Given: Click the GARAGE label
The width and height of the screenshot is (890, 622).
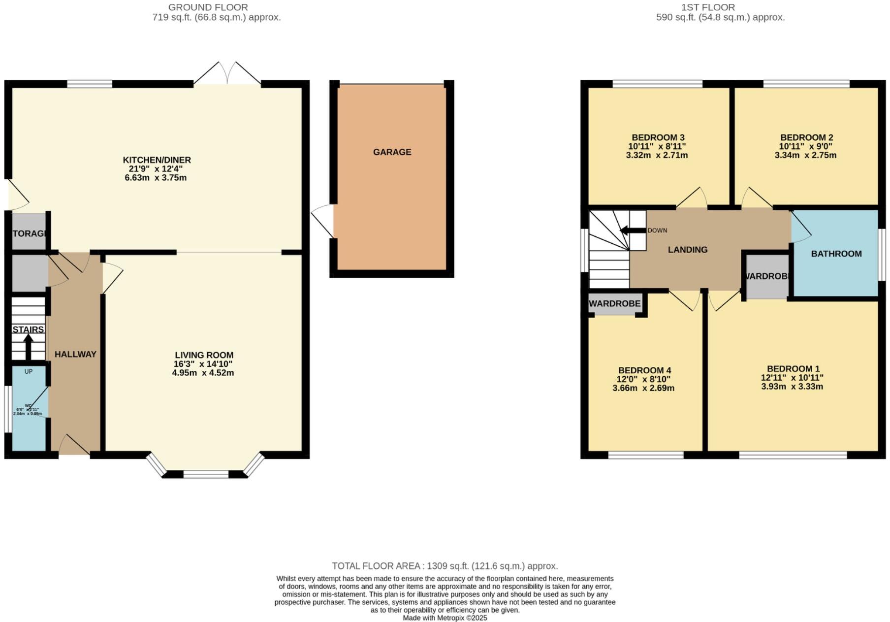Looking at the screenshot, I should pyautogui.click(x=392, y=152).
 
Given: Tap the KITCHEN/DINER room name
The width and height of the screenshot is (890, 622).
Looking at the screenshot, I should pyautogui.click(x=157, y=160).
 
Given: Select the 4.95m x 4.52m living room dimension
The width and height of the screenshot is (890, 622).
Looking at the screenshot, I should pyautogui.click(x=203, y=373).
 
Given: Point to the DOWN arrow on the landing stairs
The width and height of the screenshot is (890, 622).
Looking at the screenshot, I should pyautogui.click(x=632, y=230).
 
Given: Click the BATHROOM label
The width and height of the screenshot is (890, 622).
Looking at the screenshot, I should pyautogui.click(x=836, y=254).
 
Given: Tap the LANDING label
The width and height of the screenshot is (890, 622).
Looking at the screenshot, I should pyautogui.click(x=687, y=250).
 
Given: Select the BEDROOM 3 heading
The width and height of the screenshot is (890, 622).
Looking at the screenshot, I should pyautogui.click(x=658, y=137).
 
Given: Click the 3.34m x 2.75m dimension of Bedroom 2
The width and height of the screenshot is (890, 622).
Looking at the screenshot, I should pyautogui.click(x=805, y=155).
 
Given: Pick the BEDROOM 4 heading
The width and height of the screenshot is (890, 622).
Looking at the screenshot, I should pyautogui.click(x=644, y=370).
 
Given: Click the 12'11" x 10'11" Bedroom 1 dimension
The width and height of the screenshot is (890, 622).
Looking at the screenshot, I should pyautogui.click(x=792, y=378).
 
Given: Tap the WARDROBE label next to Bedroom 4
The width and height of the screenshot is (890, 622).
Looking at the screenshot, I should pyautogui.click(x=614, y=304).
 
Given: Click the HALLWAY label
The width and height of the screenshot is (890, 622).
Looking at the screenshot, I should pyautogui.click(x=75, y=354).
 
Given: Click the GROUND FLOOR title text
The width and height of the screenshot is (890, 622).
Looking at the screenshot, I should pyautogui.click(x=208, y=7).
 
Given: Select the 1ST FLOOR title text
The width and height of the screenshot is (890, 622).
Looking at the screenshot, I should pyautogui.click(x=708, y=7).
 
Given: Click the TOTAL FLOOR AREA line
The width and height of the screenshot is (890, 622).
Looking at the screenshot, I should pyautogui.click(x=445, y=566).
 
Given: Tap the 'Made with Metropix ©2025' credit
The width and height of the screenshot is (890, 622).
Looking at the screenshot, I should pyautogui.click(x=445, y=618).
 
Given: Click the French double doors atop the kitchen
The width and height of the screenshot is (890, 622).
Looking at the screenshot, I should pyautogui.click(x=227, y=74).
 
